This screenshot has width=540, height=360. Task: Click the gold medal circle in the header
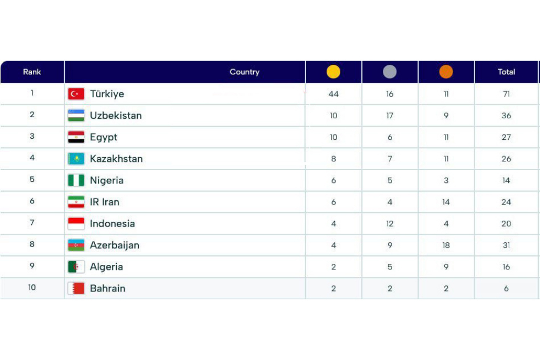click(x=333, y=72)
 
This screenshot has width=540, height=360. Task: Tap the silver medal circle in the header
click(x=389, y=72)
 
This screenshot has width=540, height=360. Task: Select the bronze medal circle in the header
click(x=446, y=72)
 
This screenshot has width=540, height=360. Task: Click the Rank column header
click(x=32, y=72)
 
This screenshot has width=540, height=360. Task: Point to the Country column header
click(x=244, y=72)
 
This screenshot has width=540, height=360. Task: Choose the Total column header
click(x=506, y=72)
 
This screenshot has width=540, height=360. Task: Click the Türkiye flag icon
click(x=76, y=94)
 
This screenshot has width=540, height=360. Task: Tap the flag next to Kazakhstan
click(x=76, y=159)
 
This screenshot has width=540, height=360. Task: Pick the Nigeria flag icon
click(x=76, y=180)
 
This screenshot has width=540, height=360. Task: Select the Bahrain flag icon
click(x=76, y=288)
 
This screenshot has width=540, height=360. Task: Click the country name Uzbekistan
click(x=116, y=116)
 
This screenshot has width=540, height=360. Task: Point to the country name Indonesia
click(x=112, y=223)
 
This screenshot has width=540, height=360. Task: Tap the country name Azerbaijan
click(x=114, y=245)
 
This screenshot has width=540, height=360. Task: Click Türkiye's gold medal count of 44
click(x=333, y=94)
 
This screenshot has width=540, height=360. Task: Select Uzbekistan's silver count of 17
click(x=389, y=116)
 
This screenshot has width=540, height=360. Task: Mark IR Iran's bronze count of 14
click(x=446, y=202)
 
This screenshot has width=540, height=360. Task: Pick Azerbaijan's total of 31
click(x=506, y=245)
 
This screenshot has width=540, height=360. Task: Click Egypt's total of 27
click(x=506, y=137)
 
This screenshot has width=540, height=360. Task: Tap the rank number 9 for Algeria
click(x=32, y=266)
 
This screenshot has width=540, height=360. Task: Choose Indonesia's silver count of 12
click(x=389, y=223)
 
